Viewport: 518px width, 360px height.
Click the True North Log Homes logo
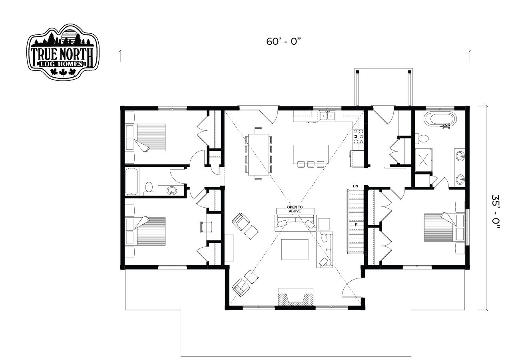[x=63, y=52]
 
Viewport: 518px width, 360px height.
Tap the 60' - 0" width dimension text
[x=283, y=42]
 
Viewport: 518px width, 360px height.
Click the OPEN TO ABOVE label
[x=295, y=209]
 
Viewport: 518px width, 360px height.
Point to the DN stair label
[x=355, y=186]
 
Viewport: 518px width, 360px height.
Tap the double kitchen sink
[x=327, y=116]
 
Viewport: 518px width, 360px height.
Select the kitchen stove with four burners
[x=358, y=136]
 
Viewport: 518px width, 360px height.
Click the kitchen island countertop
[x=311, y=154]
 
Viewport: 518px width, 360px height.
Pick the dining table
[x=259, y=154]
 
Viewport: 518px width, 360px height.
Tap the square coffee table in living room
[x=295, y=250]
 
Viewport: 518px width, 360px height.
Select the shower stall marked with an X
[x=423, y=160]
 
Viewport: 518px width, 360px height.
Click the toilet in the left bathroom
[x=148, y=188]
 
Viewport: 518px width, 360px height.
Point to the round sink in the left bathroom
[x=172, y=191]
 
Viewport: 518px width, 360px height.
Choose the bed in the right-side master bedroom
[x=444, y=228]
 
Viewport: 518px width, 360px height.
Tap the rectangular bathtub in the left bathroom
[x=131, y=182]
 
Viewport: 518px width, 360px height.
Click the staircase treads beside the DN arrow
[x=355, y=222]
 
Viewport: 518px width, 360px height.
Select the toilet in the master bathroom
[x=422, y=138]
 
